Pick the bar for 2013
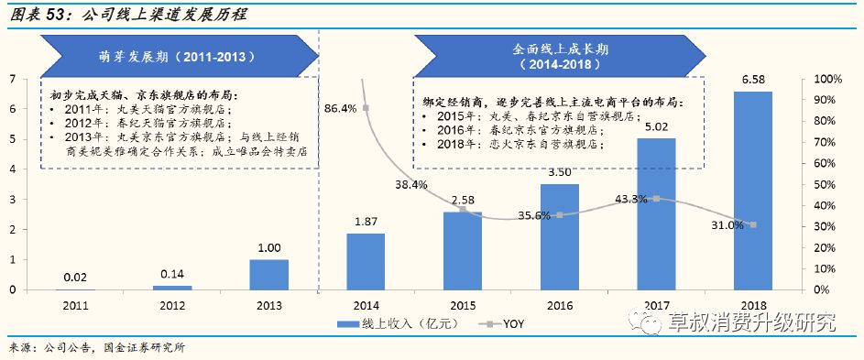(268, 274)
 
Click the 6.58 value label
(754, 80)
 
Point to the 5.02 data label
(656, 127)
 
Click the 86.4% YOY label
(340, 108)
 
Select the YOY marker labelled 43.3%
(656, 199)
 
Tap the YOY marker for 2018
(753, 224)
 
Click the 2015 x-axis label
(463, 304)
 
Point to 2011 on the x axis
(74, 304)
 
